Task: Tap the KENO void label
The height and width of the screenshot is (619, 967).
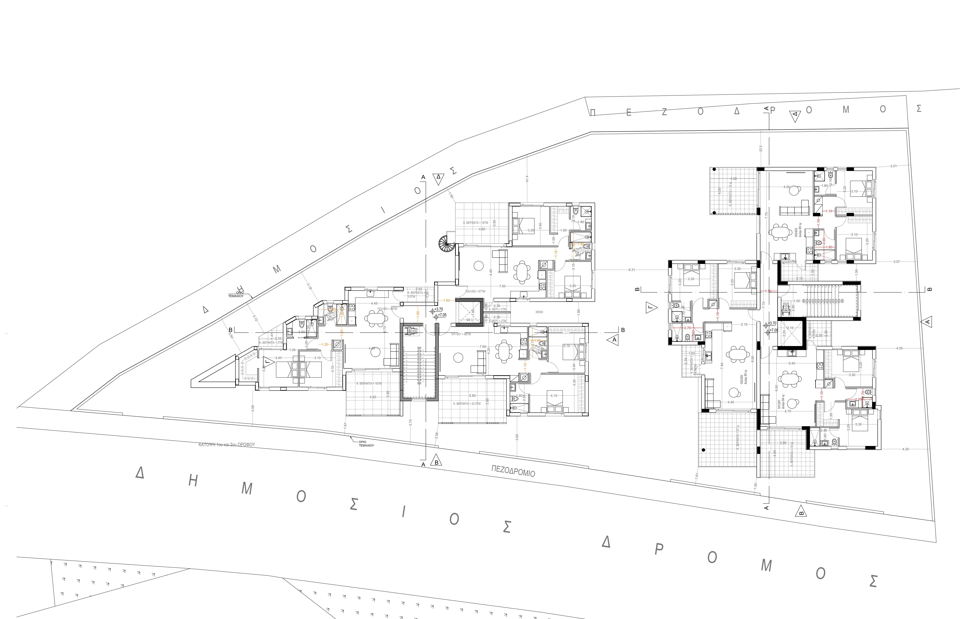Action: pos(539,312)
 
